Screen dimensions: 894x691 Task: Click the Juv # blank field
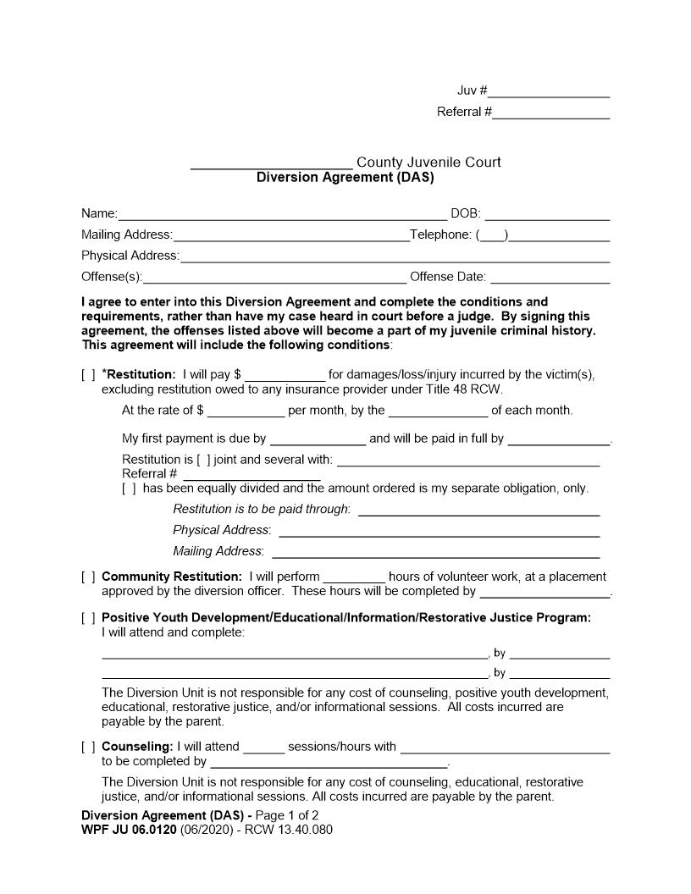click(549, 92)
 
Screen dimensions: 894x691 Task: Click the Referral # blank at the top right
click(550, 113)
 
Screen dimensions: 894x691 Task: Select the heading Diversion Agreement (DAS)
click(345, 178)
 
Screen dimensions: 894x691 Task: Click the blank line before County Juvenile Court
click(271, 163)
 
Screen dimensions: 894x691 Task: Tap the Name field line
click(282, 214)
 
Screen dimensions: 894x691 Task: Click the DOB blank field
click(547, 214)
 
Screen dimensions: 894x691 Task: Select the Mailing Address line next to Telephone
click(290, 235)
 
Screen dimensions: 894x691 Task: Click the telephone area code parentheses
click(493, 235)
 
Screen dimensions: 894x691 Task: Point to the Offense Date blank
click(550, 278)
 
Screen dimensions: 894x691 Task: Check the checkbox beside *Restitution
click(88, 375)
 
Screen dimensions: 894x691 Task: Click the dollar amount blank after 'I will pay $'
click(285, 375)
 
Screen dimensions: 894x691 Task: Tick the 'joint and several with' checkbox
click(203, 461)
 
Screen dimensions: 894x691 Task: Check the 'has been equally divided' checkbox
click(129, 488)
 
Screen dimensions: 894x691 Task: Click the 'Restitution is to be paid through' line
click(478, 510)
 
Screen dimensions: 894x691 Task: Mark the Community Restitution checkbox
click(88, 577)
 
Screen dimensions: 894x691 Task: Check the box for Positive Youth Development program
click(88, 618)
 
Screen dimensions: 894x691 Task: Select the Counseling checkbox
click(88, 748)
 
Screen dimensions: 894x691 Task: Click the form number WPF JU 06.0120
click(129, 830)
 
